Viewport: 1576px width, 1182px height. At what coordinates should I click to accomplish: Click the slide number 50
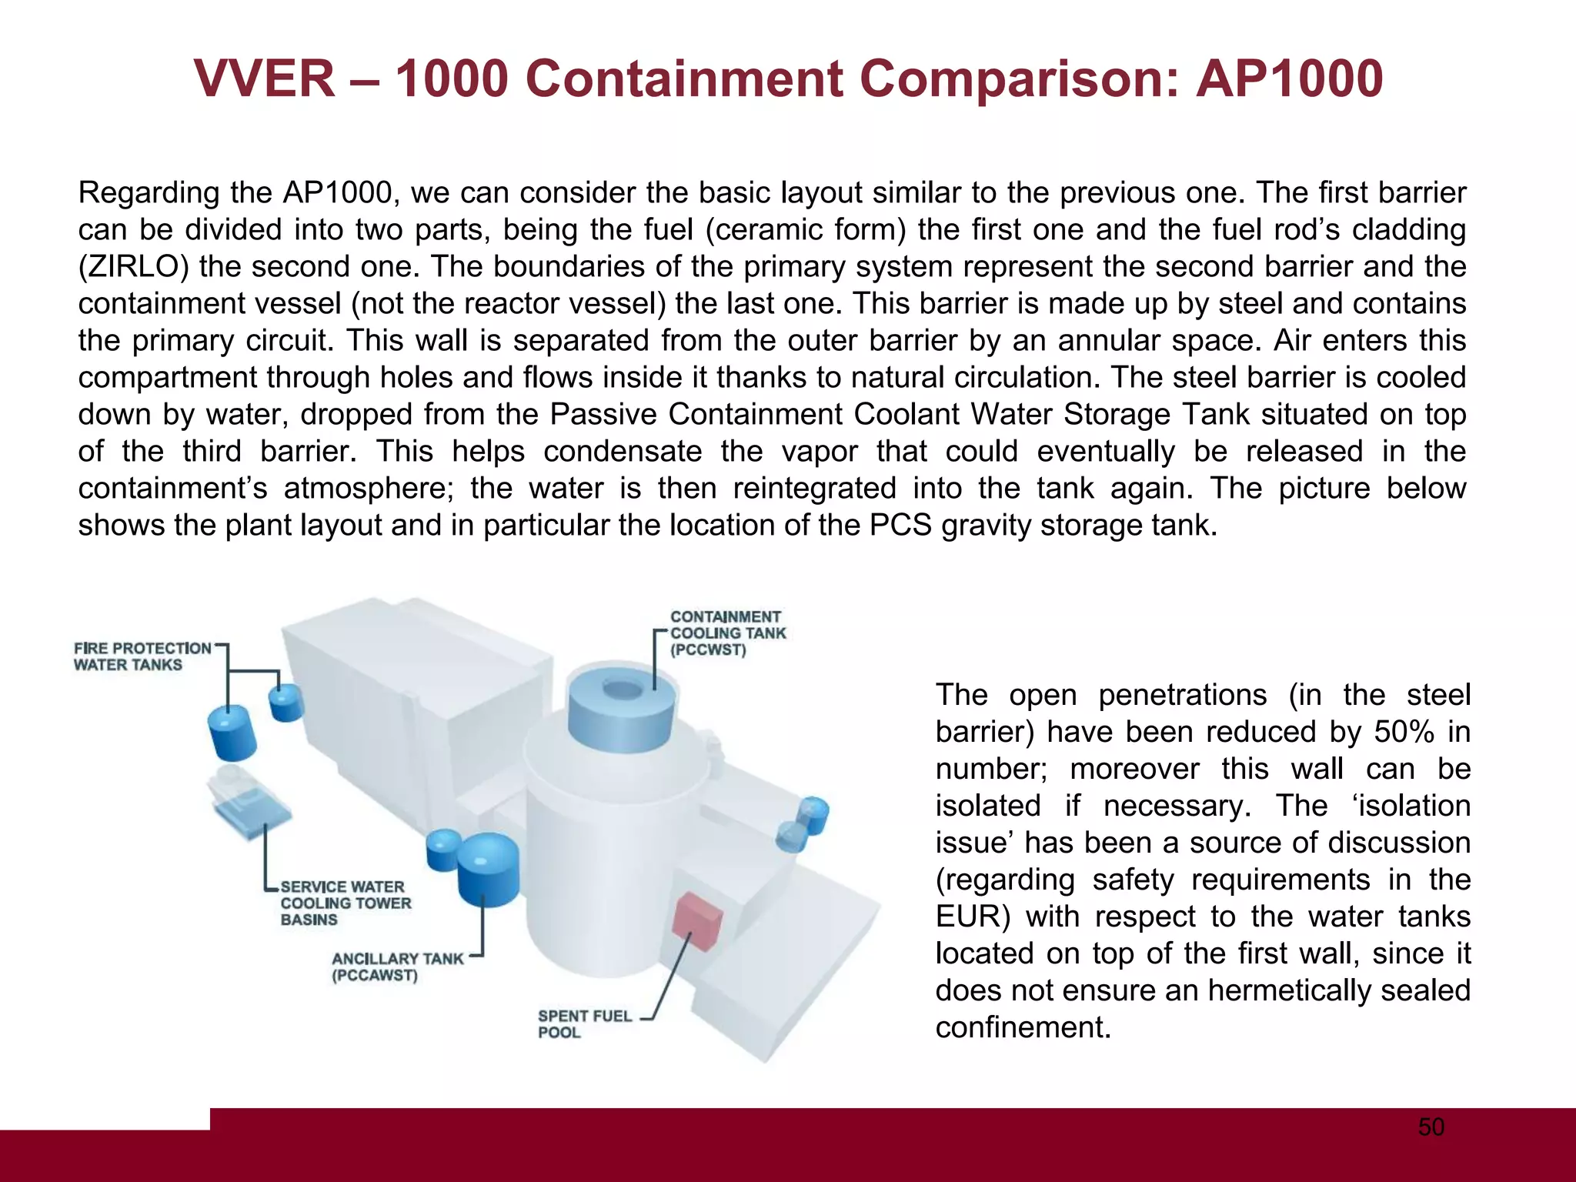point(1431,1127)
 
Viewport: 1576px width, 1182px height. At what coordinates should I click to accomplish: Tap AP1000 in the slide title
point(1290,79)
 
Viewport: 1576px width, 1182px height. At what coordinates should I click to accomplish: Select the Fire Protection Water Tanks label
point(142,656)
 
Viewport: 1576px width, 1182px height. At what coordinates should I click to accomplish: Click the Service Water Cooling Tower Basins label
point(346,903)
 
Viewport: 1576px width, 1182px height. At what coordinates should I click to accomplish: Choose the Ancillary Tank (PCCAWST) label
point(397,967)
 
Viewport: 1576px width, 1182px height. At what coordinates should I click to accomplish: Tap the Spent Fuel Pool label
point(584,1023)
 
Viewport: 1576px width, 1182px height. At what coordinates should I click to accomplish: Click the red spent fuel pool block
point(696,917)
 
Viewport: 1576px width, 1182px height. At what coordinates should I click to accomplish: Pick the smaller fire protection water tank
point(285,703)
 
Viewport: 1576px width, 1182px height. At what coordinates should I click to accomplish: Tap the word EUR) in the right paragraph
point(970,917)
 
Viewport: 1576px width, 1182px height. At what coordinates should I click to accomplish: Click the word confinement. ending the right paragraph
point(1023,1027)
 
